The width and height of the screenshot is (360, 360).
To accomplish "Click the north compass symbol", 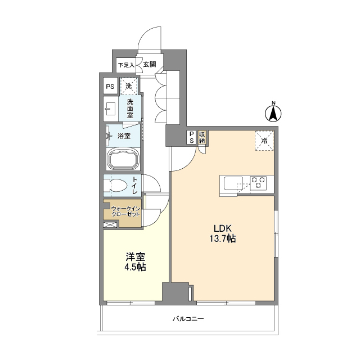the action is tap(273, 113).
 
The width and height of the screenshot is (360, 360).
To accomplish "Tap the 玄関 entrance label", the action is tap(150, 65).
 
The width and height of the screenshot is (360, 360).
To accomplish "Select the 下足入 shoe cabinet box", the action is tap(126, 65).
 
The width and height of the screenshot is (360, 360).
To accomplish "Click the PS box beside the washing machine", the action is tap(110, 86).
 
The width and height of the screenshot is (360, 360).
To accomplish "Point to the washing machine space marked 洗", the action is tap(129, 86).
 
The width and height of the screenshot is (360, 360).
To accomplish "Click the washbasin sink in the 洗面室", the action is tap(111, 109).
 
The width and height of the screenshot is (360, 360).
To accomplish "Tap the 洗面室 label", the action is tap(130, 109).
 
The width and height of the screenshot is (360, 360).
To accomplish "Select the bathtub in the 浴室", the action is tap(124, 159).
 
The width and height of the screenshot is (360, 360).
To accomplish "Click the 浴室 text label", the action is tap(124, 136).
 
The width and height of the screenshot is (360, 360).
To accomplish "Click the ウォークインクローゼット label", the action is tap(125, 211).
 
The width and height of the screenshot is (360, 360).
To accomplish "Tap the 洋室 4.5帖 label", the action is tap(135, 262).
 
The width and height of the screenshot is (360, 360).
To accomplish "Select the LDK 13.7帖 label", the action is tap(223, 233).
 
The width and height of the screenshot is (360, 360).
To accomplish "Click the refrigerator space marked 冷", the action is tap(264, 141).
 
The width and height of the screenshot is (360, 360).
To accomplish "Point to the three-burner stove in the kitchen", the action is tap(258, 183).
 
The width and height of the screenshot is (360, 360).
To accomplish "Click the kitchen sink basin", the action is tap(233, 183).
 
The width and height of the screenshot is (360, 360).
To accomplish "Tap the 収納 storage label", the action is tap(202, 137).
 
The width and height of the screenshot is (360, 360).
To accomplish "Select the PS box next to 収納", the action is tap(192, 137).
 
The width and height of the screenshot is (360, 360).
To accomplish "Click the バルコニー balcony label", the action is tap(188, 319).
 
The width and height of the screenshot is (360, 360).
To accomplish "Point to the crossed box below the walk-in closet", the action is tap(110, 225).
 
